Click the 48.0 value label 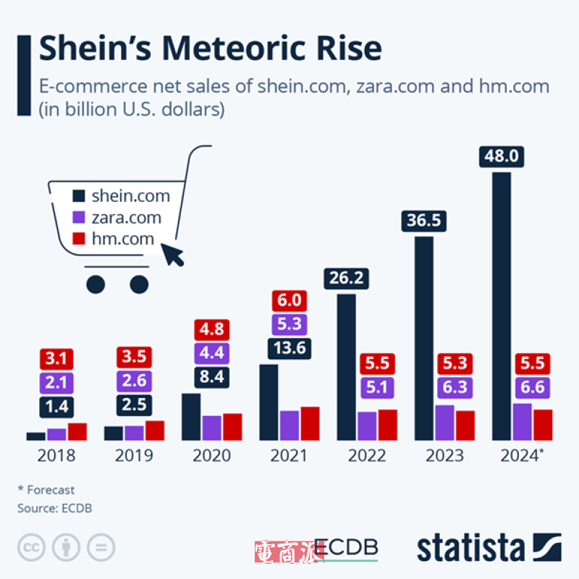pyautogui.click(x=501, y=156)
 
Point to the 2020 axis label pyautogui.click(x=211, y=456)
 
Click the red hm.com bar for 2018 pyautogui.click(x=77, y=431)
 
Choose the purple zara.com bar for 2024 pyautogui.click(x=522, y=421)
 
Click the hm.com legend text pyautogui.click(x=122, y=238)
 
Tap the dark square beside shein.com pyautogui.click(x=79, y=196)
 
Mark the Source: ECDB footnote pyautogui.click(x=55, y=508)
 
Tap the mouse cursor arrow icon pyautogui.click(x=173, y=255)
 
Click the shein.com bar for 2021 pyautogui.click(x=269, y=402)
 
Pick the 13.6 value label pyautogui.click(x=289, y=348)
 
